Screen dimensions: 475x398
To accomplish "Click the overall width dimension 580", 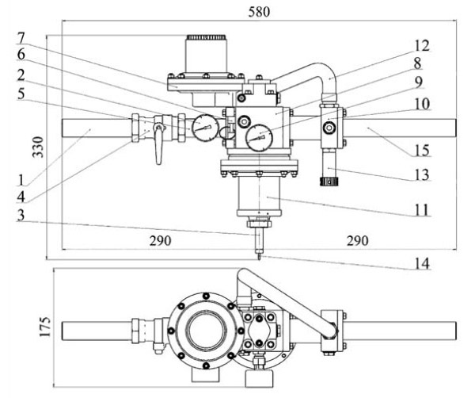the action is pos(259,12).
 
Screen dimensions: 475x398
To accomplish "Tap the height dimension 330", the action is pos(39,147).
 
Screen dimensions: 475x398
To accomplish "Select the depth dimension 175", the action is pos(45,327).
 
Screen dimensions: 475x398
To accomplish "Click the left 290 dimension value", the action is pos(160,240).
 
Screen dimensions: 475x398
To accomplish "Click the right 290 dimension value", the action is pos(358,240).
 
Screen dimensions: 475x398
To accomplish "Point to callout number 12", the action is pos(422,46).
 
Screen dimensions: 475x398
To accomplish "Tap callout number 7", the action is pos(21,39).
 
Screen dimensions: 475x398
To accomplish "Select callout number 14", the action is pos(422,263).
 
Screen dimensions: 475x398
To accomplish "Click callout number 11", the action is pos(422,210).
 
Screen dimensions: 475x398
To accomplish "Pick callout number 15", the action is pos(422,151).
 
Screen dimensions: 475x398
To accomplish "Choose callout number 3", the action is pos(21,215).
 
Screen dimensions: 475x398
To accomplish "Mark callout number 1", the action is pos(21,180).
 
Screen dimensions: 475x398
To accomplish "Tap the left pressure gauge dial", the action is pos(206,128).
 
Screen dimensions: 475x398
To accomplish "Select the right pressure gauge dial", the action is pos(260,138).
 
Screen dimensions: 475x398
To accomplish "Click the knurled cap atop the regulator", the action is pos(207,37).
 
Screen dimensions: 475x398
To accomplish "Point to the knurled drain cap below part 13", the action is pos(329,182).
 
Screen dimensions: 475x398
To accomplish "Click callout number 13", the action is pos(422,175).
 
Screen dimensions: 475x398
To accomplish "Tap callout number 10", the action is pos(422,104).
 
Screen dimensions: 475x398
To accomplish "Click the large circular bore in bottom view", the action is pos(206,331).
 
